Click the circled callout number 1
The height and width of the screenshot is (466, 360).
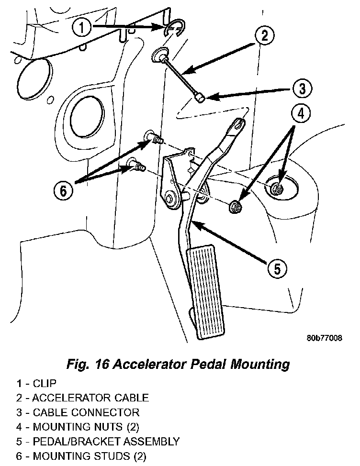tap(82, 28)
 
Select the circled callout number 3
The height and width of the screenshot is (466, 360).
tap(302, 89)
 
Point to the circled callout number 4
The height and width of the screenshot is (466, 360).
tap(301, 114)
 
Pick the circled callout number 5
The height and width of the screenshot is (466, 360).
tap(277, 269)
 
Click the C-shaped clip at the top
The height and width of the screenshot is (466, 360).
tap(175, 29)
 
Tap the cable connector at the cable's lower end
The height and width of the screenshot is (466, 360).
tap(199, 97)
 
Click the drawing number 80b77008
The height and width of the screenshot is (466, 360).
tap(325, 338)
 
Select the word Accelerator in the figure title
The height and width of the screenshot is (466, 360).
tap(149, 364)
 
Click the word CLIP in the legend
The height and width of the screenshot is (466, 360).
tap(45, 383)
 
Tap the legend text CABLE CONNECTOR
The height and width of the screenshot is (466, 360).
tap(86, 412)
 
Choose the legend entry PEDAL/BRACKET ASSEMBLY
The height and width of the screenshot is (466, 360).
tap(106, 441)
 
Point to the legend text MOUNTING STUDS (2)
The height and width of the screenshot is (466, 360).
tap(90, 456)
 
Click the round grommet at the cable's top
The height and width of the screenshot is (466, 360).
tap(159, 55)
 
